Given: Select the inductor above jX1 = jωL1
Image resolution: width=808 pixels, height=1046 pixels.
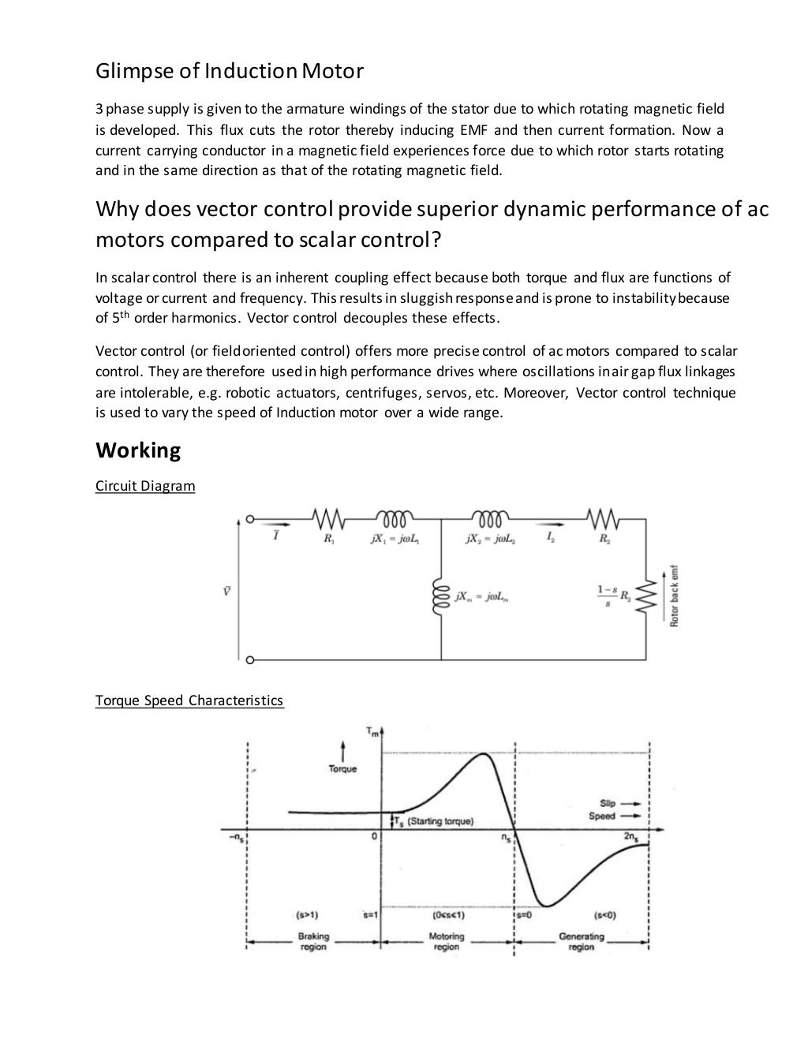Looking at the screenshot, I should point(394,518).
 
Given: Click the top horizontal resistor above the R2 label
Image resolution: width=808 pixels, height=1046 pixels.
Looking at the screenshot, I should point(604,518).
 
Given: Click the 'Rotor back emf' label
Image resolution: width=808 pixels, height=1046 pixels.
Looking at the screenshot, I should point(675,596).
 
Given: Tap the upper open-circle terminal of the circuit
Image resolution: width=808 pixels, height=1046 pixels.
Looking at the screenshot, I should point(249,519).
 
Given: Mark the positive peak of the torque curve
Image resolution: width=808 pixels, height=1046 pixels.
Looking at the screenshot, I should point(484,755).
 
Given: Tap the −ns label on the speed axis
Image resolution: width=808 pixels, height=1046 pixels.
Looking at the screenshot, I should point(235,838).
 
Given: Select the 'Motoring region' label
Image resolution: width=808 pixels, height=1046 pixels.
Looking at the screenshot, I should point(447,942).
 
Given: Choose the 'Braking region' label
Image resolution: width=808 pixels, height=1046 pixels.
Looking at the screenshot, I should point(313,942).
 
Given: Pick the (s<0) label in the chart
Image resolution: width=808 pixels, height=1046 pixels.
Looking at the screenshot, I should point(604,916).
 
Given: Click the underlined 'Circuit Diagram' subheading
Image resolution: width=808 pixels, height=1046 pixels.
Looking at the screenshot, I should point(145,486).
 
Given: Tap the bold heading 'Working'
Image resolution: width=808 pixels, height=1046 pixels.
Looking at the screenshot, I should point(138,450).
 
